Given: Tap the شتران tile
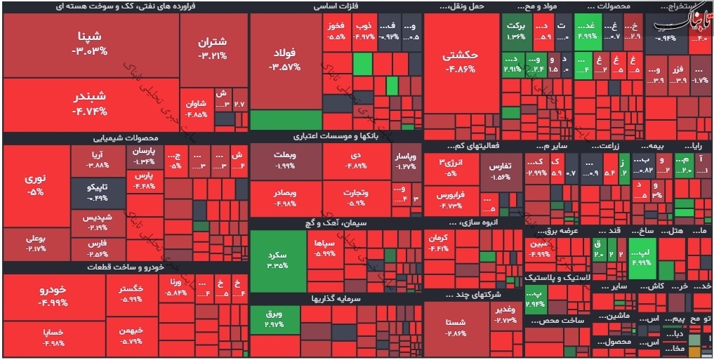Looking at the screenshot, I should [x=213, y=48].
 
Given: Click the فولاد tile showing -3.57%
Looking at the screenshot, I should [x=285, y=60].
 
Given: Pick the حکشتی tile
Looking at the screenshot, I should [x=461, y=62].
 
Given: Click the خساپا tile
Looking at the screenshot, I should [x=53, y=337].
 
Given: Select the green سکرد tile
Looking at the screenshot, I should [x=278, y=260].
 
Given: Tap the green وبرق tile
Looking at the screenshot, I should [x=274, y=320].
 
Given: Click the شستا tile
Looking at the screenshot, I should [x=456, y=327].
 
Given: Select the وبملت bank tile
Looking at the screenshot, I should [x=284, y=160].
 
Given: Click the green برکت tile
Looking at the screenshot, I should [x=517, y=31].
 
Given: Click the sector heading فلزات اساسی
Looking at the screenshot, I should [x=337, y=7].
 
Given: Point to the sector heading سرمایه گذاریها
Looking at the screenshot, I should [x=336, y=298].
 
